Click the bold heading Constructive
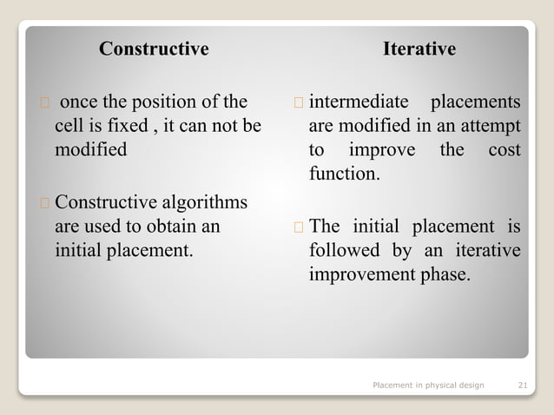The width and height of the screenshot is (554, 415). [154, 49]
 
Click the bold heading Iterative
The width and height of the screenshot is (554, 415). [419, 49]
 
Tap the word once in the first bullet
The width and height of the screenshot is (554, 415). [78, 102]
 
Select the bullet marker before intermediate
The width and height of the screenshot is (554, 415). [298, 102]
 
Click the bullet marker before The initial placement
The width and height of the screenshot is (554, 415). [298, 228]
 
